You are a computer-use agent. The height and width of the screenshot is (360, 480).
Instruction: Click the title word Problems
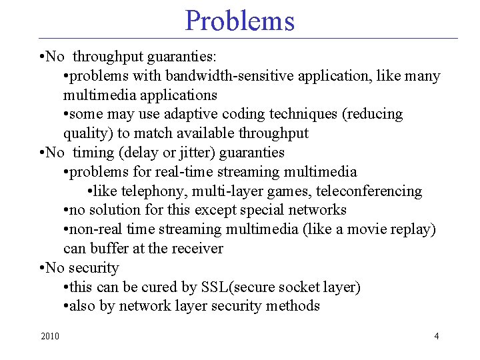239,21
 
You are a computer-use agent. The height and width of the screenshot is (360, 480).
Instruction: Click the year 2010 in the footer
49,336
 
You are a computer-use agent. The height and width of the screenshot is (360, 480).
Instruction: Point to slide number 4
437,336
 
